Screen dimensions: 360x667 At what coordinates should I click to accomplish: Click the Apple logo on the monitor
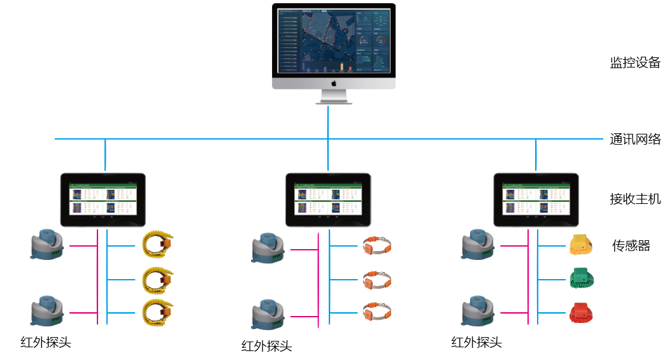tap(333, 83)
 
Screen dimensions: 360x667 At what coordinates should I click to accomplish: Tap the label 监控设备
tap(635, 62)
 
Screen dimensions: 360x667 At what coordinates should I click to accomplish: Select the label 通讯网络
tap(635, 140)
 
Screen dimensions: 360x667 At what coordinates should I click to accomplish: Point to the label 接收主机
tap(635, 199)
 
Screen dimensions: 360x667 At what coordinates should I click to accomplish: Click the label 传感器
tap(631, 245)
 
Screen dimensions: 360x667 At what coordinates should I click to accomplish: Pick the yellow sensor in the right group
tap(580, 245)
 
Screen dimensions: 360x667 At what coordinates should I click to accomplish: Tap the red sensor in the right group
tap(580, 312)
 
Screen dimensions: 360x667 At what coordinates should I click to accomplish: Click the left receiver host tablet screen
tap(103, 199)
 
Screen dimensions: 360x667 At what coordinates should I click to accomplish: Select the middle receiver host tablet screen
tap(327, 199)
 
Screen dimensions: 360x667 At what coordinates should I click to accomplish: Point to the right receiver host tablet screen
tap(536, 199)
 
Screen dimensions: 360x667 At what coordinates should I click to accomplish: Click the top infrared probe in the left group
tap(47, 245)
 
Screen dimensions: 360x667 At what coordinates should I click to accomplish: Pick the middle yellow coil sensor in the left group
tap(157, 278)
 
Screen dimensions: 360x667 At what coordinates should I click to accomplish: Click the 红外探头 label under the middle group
tap(266, 347)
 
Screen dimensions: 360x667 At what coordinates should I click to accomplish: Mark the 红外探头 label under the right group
tap(477, 343)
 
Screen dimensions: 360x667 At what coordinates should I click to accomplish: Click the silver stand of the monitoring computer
tap(334, 96)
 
